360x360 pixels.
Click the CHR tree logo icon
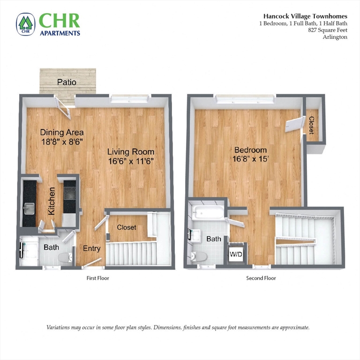pyautogui.click(x=25, y=24)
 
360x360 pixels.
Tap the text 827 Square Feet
pyautogui.click(x=328, y=30)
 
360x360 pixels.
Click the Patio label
pyautogui.click(x=67, y=82)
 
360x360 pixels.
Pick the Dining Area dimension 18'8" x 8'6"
pyautogui.click(x=61, y=141)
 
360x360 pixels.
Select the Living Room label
pyautogui.click(x=130, y=152)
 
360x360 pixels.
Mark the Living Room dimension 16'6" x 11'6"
pyautogui.click(x=130, y=161)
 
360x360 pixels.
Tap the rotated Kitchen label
pyautogui.click(x=52, y=201)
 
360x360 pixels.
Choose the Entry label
pyautogui.click(x=91, y=248)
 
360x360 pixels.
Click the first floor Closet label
pyautogui.click(x=126, y=227)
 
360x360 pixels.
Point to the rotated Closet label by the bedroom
pyautogui.click(x=311, y=125)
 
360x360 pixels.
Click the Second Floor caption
pyautogui.click(x=261, y=278)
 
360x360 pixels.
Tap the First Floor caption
pyautogui.click(x=98, y=278)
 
